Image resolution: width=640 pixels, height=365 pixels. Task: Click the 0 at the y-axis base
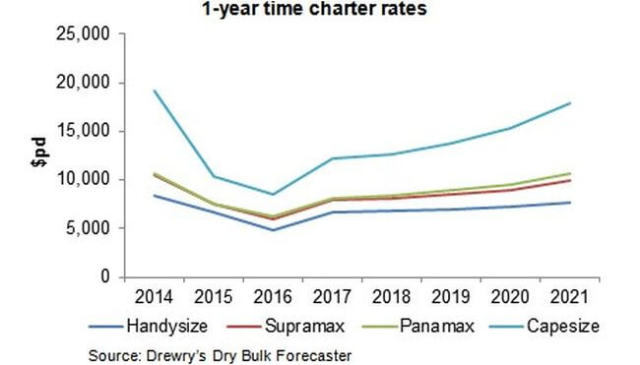click(x=107, y=276)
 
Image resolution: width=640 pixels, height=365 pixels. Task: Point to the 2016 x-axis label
click(x=273, y=293)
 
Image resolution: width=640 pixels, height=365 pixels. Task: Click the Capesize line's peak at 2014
click(x=154, y=91)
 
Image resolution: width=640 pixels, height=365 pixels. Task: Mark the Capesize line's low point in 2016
click(x=273, y=194)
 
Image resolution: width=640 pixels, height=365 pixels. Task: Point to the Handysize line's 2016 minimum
click(x=273, y=230)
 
